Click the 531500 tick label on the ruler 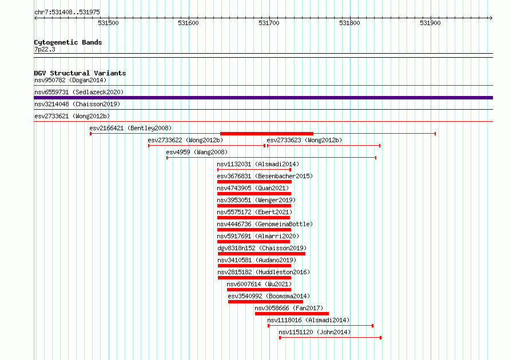click(108, 23)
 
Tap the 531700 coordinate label click(269, 23)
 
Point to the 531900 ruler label click(430, 23)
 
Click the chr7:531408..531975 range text click(67, 13)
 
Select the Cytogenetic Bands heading click(68, 42)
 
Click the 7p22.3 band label click(45, 49)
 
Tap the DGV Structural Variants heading click(80, 73)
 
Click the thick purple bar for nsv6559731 click(263, 98)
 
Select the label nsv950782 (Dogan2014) click(70, 80)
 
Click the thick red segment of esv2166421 click(267, 134)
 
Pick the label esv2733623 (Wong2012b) click(304, 140)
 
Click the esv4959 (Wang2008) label click(197, 152)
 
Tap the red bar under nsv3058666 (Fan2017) click(292, 314)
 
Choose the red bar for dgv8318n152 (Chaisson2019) click(261, 254)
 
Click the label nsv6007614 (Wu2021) click(260, 284)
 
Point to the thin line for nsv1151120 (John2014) click(331, 338)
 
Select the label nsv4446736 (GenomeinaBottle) click(265, 224)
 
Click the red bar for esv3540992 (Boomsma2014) click(265, 302)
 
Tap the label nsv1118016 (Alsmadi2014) click(308, 320)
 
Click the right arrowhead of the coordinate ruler click(491, 18)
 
